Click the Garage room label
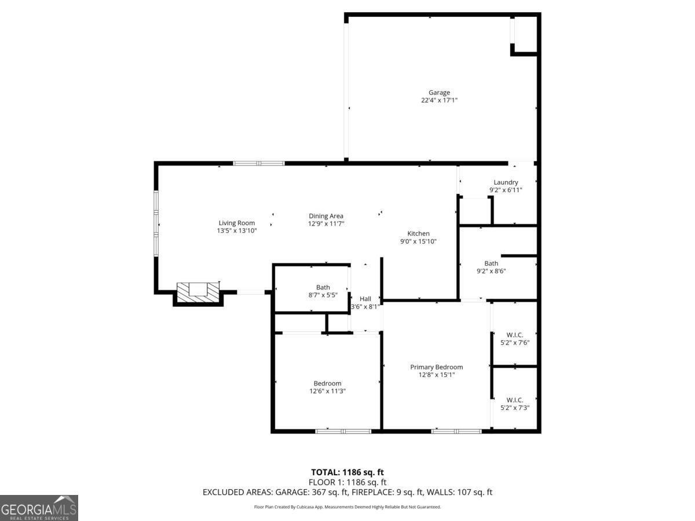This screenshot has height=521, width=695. click(439, 93)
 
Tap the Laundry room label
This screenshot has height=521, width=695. click(506, 182)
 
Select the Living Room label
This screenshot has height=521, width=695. click(237, 223)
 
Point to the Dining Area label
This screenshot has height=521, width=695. click(326, 216)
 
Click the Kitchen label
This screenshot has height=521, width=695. click(418, 233)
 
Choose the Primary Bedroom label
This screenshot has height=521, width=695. click(437, 367)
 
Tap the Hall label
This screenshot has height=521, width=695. click(365, 299)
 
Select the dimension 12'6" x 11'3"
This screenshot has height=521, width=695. click(327, 391)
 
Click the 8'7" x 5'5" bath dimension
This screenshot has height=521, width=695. click(323, 295)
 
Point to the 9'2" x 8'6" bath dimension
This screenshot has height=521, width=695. click(491, 271)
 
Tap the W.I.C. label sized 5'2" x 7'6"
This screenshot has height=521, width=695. click(515, 334)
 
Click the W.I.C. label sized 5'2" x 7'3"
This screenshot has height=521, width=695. click(515, 399)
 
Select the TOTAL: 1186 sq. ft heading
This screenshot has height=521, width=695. click(348, 472)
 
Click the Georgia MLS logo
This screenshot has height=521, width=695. click(39, 508)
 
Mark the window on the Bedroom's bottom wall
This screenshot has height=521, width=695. click(343, 431)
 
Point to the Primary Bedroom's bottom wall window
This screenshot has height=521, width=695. click(456, 431)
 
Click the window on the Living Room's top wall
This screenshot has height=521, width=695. click(259, 163)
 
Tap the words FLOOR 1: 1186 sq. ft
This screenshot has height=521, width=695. click(348, 482)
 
